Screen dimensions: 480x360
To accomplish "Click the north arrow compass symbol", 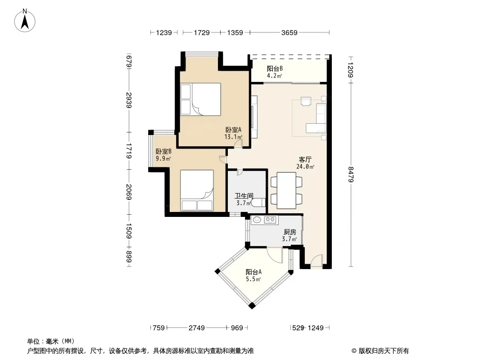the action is pyautogui.click(x=25, y=21).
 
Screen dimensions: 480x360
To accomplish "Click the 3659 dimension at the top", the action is pyautogui.click(x=289, y=32).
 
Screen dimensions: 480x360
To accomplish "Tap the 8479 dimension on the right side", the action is pyautogui.click(x=351, y=174).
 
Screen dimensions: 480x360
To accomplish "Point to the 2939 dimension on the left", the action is pyautogui.click(x=129, y=100).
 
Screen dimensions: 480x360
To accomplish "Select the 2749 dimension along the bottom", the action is pyautogui.click(x=196, y=328).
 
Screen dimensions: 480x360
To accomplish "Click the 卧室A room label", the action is pyautogui.click(x=234, y=130).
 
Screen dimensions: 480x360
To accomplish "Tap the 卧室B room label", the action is pyautogui.click(x=163, y=151).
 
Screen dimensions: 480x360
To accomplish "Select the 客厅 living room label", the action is pyautogui.click(x=305, y=160).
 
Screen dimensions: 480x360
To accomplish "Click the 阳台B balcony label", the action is pyautogui.click(x=275, y=68).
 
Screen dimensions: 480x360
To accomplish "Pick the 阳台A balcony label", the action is pyautogui.click(x=254, y=272).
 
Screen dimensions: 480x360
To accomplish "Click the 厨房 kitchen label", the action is pyautogui.click(x=290, y=232).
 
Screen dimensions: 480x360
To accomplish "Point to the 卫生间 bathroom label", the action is pyautogui.click(x=244, y=196).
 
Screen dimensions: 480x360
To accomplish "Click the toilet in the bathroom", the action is pyautogui.click(x=258, y=202).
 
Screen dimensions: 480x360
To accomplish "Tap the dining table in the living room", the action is pyautogui.click(x=286, y=190).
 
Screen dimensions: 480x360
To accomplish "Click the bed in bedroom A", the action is pyautogui.click(x=200, y=99).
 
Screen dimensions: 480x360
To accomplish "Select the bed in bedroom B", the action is pyautogui.click(x=196, y=190).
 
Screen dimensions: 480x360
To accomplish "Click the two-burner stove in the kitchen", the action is pyautogui.click(x=270, y=220).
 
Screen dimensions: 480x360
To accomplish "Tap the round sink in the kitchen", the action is pyautogui.click(x=257, y=220).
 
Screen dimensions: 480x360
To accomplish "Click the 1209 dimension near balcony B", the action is pyautogui.click(x=351, y=70).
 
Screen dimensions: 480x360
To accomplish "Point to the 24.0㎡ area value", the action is pyautogui.click(x=305, y=166).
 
